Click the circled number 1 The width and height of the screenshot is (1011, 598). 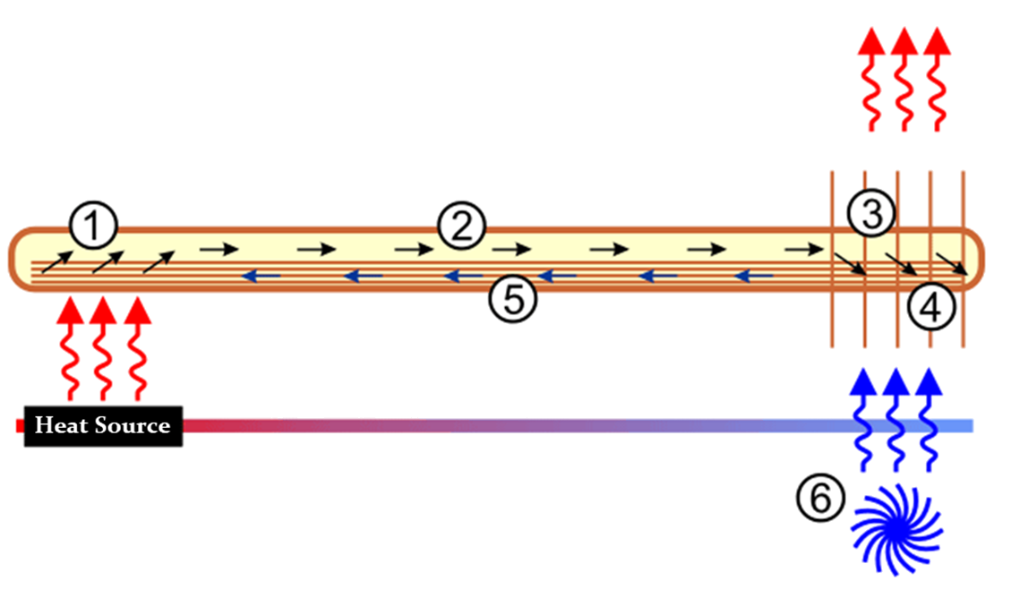(93, 228)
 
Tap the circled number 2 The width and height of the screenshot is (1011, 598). (460, 227)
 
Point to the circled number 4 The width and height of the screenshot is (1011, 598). (931, 309)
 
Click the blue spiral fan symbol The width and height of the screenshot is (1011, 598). (895, 528)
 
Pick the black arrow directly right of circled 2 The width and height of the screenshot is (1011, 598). (507, 250)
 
